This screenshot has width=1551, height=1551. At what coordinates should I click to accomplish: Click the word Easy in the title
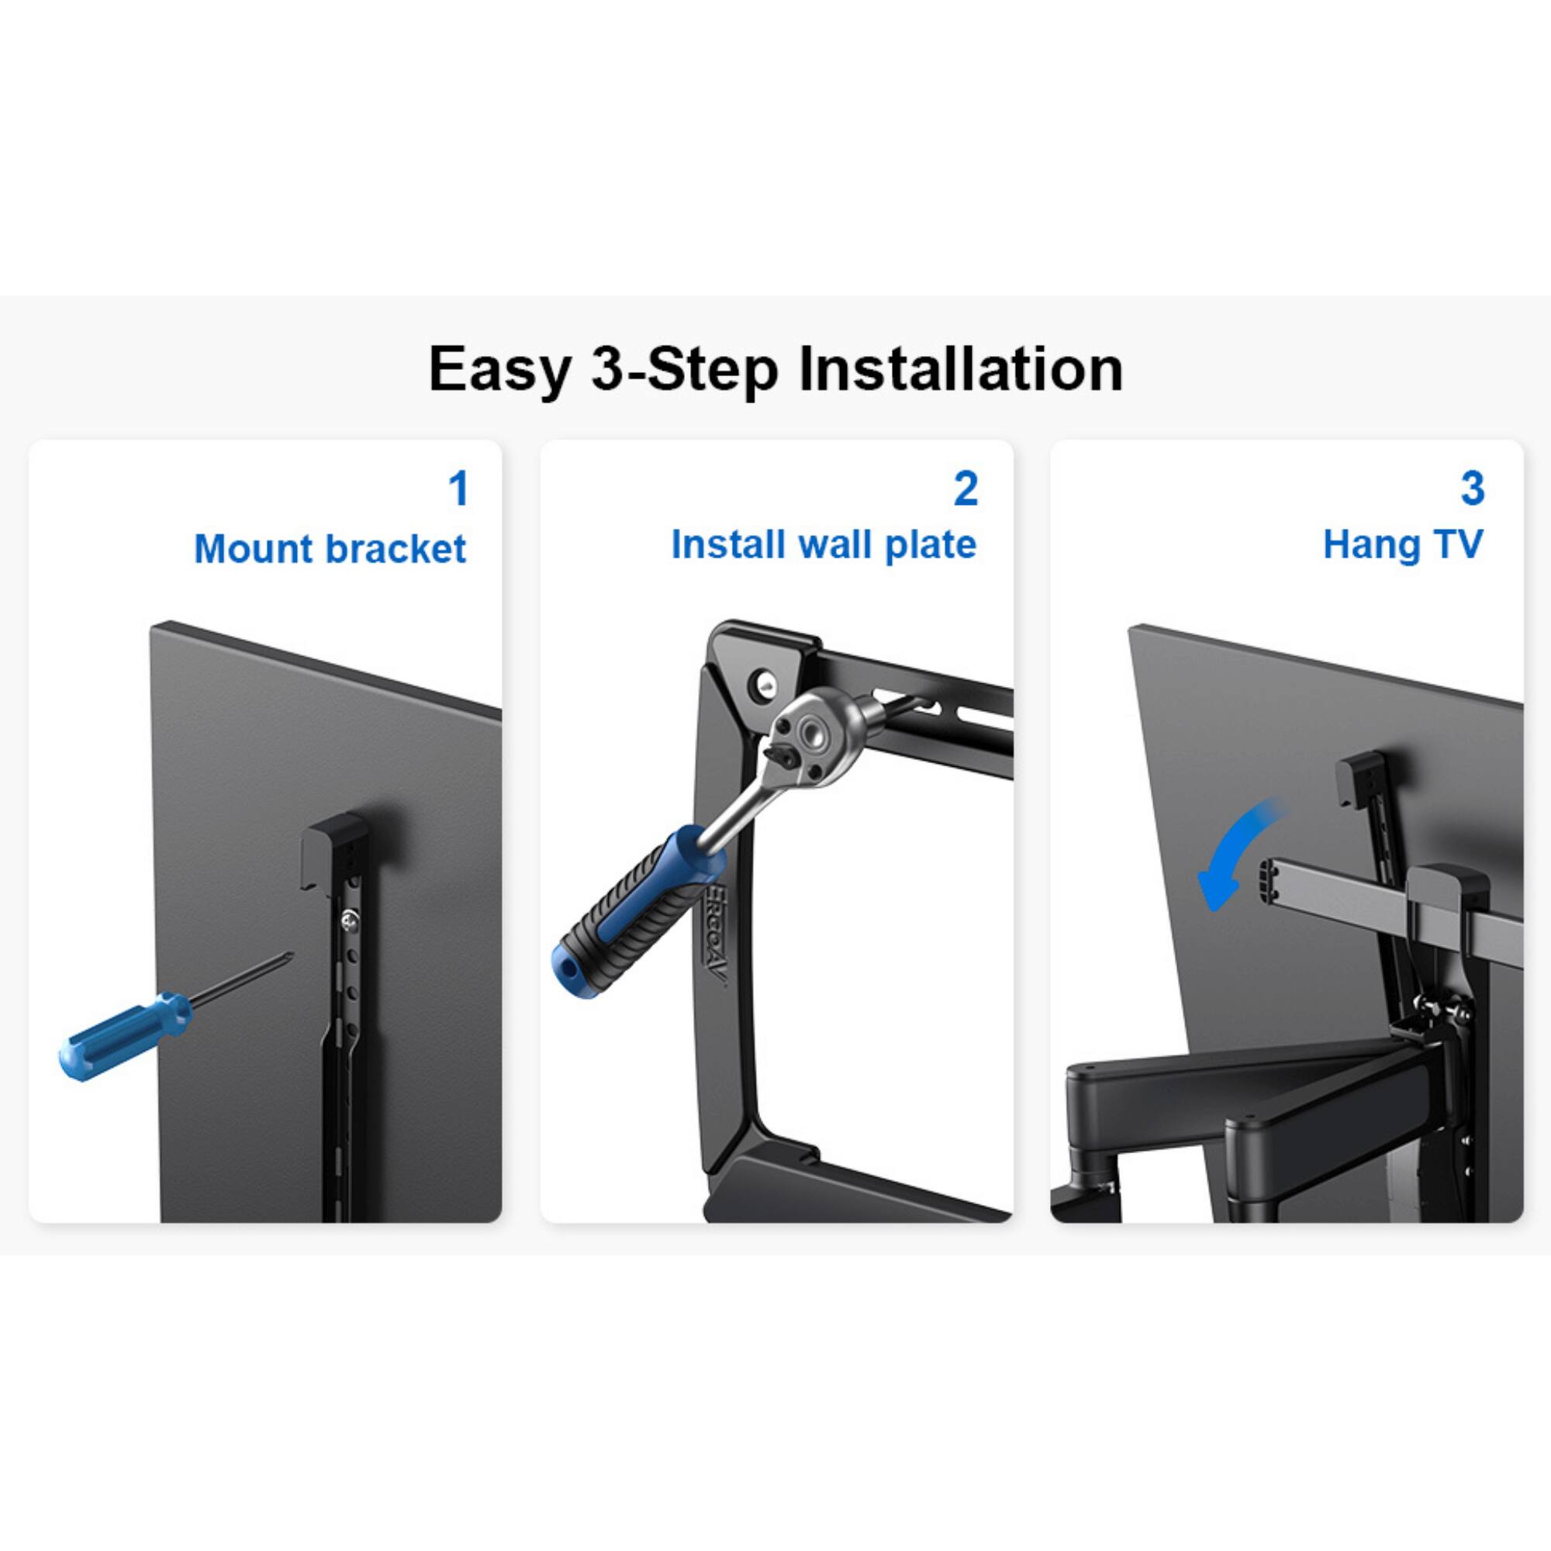499,370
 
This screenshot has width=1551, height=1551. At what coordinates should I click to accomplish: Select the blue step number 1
458,489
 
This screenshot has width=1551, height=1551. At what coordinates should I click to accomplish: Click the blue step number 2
965,489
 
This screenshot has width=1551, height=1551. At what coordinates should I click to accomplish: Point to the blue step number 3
1473,489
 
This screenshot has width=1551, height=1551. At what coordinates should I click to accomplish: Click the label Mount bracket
330,549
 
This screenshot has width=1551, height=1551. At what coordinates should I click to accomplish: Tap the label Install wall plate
824,544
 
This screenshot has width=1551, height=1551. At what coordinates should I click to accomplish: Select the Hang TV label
1402,544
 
